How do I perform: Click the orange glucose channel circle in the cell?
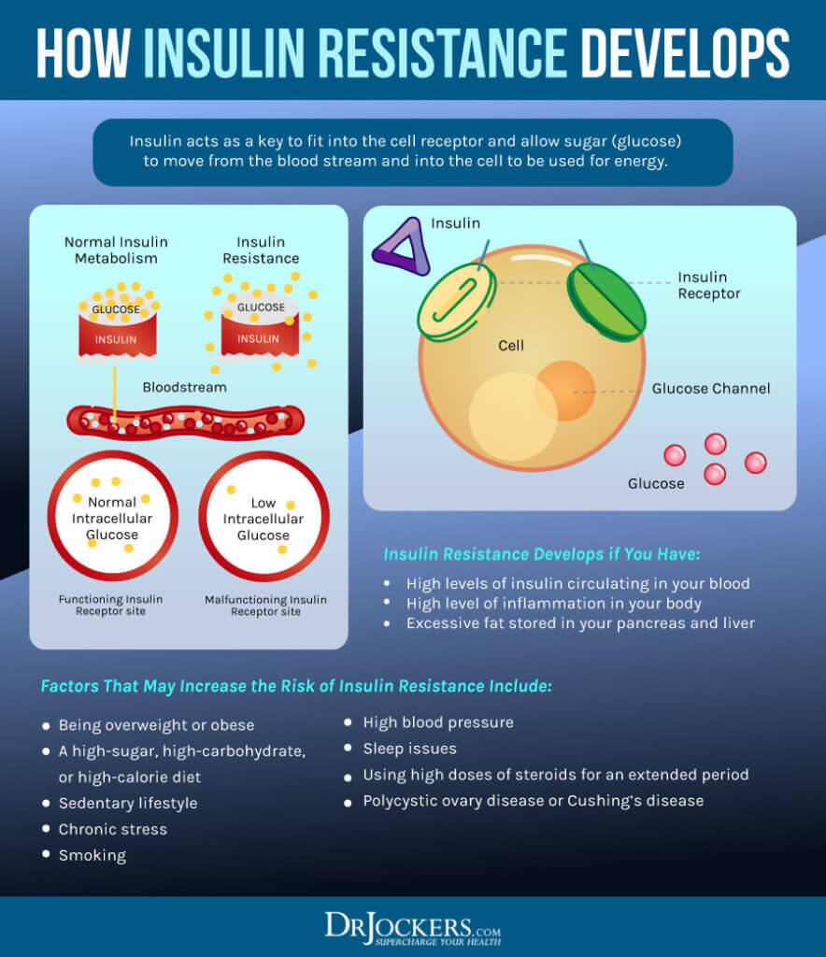(565, 390)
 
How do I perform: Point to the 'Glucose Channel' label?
(711, 389)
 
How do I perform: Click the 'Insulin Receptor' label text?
(708, 285)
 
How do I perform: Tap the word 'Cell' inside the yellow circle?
(511, 346)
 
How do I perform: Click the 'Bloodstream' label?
(184, 387)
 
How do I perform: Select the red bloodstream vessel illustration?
(185, 422)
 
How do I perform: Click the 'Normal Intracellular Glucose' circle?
(113, 517)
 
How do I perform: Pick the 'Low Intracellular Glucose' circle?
(263, 517)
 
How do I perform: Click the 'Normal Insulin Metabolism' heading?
(110, 250)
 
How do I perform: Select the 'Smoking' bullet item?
(93, 855)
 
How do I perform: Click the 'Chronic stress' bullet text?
(113, 829)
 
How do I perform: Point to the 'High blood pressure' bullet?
(438, 722)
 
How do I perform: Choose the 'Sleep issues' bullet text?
(410, 749)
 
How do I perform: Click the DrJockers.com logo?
(412, 927)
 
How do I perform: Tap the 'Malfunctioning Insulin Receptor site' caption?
(265, 606)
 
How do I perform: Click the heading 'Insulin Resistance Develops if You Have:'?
(541, 554)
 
